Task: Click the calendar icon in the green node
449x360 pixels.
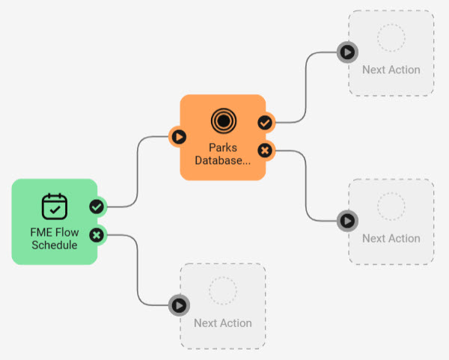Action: point(54,206)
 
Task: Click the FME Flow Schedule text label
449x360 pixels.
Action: point(54,238)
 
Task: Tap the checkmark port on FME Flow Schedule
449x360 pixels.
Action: point(97,207)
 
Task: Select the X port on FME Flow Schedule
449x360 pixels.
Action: point(97,236)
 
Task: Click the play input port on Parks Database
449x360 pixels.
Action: point(179,137)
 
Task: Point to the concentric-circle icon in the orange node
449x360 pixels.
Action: point(222,120)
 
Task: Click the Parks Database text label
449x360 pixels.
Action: point(222,153)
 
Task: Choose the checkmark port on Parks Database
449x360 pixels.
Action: point(265,122)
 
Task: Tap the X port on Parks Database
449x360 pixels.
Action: point(265,150)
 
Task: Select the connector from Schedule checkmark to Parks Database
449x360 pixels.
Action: point(138,172)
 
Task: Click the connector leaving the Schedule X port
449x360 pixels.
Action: point(138,269)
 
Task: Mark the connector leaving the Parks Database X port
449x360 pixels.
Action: point(307,187)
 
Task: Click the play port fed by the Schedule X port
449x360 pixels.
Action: point(179,305)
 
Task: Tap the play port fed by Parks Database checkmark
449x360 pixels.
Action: point(347,52)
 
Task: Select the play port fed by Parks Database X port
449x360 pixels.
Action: point(347,220)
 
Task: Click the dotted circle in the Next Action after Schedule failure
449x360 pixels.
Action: point(222,290)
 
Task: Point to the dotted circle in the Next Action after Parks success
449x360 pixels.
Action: point(391,37)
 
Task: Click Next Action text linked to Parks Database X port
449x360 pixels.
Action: point(391,238)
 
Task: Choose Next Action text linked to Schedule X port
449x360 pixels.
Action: point(222,323)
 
